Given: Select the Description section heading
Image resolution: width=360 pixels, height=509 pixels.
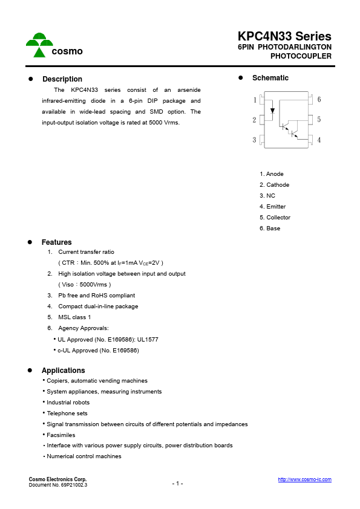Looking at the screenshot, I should (x=62, y=79).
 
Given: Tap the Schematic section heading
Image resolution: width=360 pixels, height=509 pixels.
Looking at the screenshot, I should (x=270, y=78).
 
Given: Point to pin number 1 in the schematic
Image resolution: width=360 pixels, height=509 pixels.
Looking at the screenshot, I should (x=255, y=100).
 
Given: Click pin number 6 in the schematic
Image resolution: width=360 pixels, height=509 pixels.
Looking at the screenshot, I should (x=319, y=100).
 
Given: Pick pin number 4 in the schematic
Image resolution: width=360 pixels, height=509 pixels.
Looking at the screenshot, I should (x=319, y=140).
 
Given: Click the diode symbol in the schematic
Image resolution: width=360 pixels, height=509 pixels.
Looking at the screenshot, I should (x=272, y=111).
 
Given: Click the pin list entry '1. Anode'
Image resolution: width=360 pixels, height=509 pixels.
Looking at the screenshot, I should (x=272, y=174).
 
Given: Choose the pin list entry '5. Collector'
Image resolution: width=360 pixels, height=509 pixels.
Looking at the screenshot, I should (x=275, y=218).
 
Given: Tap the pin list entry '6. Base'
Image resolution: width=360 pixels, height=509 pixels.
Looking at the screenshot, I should (x=270, y=229).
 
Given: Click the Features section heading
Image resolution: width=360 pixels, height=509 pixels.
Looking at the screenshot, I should (x=56, y=242).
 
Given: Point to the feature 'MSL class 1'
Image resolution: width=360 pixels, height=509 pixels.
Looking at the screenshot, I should (x=74, y=317).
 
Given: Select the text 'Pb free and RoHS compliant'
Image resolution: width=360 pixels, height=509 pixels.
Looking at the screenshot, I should (x=96, y=296).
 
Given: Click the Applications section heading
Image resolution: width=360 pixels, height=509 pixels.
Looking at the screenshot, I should (x=63, y=371).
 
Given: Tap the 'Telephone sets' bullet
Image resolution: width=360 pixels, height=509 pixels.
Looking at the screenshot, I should (x=67, y=413).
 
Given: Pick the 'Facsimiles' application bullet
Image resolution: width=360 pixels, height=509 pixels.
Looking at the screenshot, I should (x=61, y=435).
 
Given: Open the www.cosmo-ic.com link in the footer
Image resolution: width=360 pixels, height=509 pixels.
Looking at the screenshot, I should (x=304, y=479).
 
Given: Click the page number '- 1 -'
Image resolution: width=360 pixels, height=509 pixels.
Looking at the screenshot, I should (x=177, y=484).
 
